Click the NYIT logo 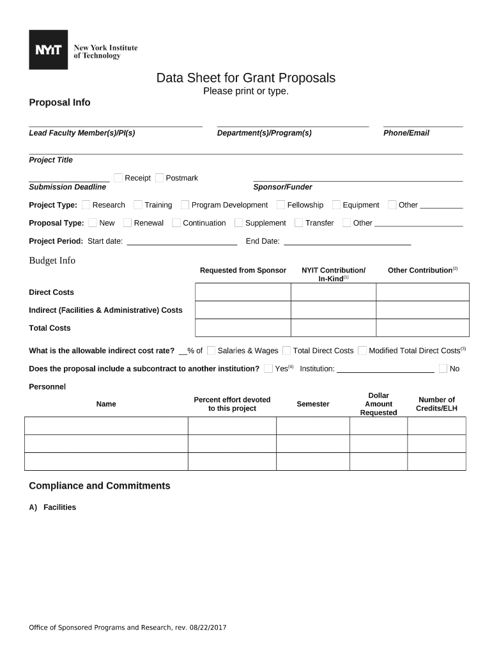tap(49, 50)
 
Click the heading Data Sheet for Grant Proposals tap(246, 78)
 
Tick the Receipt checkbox tap(118, 178)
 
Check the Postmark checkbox tap(159, 178)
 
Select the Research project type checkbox tap(86, 205)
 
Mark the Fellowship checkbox tap(281, 205)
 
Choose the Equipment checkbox tap(336, 205)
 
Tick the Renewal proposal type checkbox tap(128, 223)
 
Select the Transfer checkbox tap(299, 223)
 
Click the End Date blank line tap(347, 242)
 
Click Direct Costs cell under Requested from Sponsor tap(243, 292)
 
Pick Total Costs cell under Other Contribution tap(422, 328)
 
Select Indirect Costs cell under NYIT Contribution tap(333, 310)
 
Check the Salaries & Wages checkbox tap(211, 351)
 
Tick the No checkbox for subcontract tap(443, 368)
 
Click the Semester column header tap(313, 404)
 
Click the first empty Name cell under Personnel tap(106, 426)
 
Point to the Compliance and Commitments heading tap(100, 486)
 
